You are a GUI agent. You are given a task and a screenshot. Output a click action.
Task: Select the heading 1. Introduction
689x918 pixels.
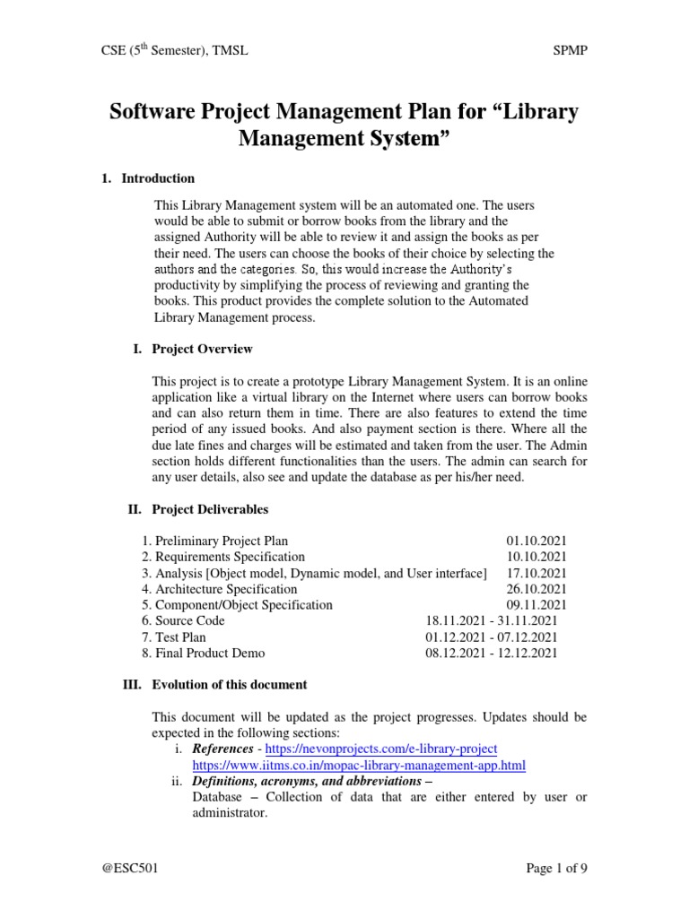pyautogui.click(x=149, y=178)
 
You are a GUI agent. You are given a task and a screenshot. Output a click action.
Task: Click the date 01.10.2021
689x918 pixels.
pyautogui.click(x=536, y=541)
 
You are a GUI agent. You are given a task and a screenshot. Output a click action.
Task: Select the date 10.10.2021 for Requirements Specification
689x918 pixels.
pyautogui.click(x=536, y=557)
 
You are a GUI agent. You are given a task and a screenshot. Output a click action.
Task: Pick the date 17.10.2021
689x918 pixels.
pyautogui.click(x=536, y=573)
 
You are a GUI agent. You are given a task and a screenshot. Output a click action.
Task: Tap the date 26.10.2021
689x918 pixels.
pyautogui.click(x=536, y=589)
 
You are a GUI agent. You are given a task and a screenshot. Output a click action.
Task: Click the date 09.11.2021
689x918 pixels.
pyautogui.click(x=536, y=605)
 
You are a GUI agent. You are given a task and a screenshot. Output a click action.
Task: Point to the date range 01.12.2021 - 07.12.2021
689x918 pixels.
pyautogui.click(x=492, y=637)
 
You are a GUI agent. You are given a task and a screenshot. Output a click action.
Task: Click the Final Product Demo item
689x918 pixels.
pyautogui.click(x=203, y=654)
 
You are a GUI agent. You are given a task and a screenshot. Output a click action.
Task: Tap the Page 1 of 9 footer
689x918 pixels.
pyautogui.click(x=555, y=868)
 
